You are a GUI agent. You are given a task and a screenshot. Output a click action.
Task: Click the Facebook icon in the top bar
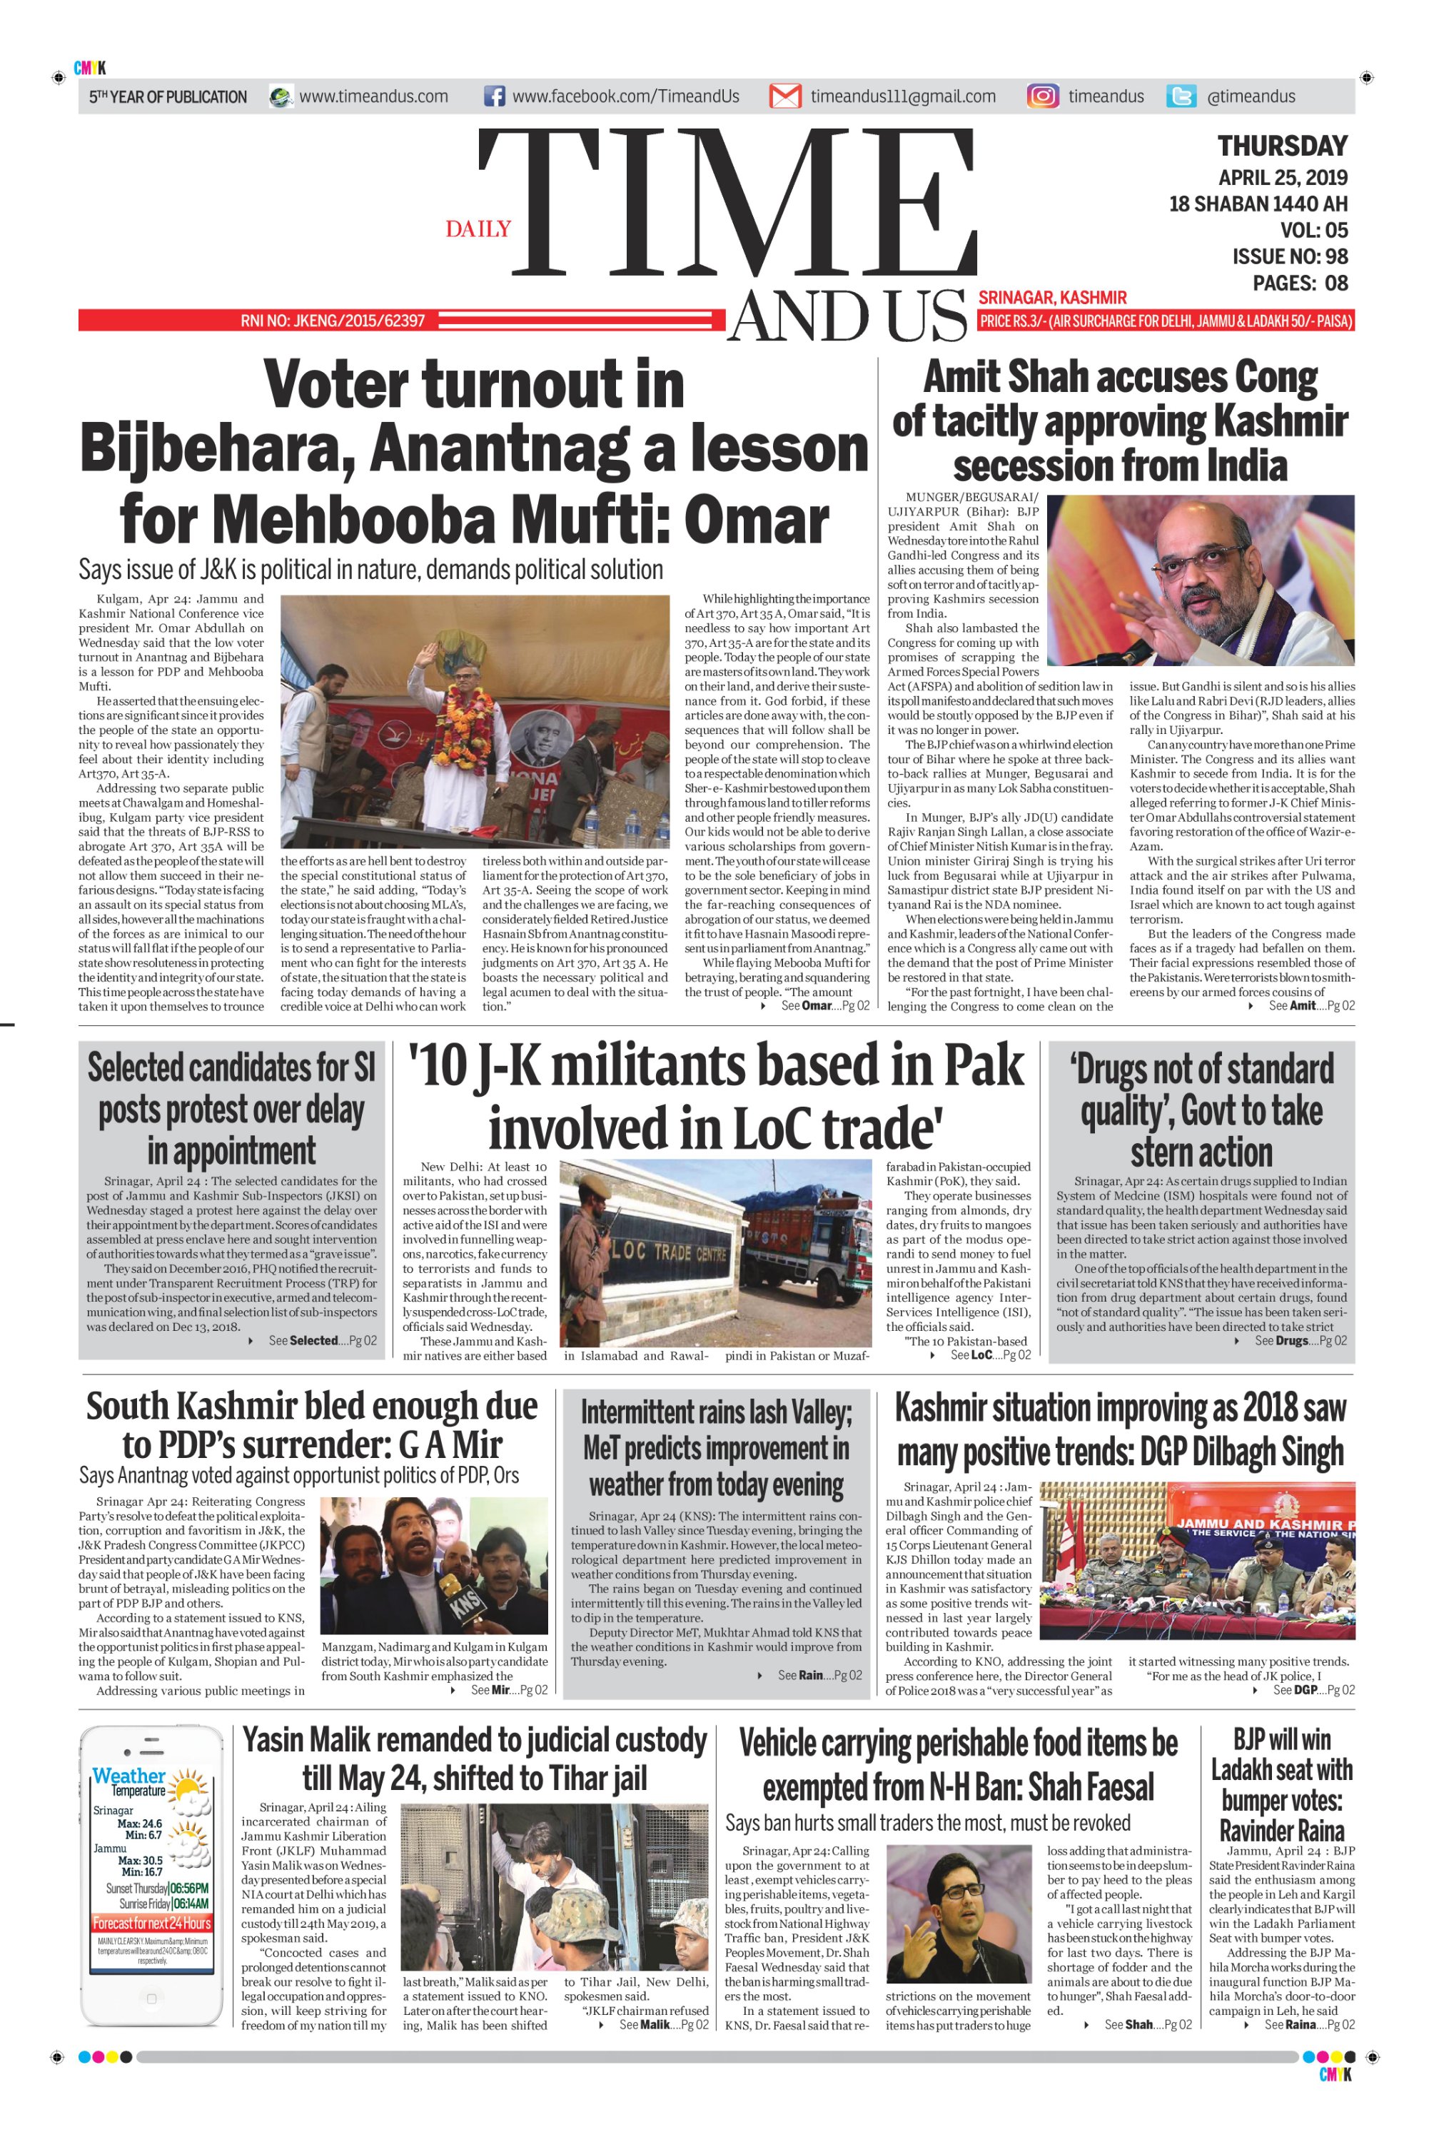coord(494,96)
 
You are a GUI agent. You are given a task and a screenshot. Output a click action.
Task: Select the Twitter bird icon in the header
coord(1181,96)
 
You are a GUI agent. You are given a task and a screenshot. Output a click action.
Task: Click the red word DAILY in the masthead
coord(478,228)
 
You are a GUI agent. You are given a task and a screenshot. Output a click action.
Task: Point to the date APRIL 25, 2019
coord(1282,178)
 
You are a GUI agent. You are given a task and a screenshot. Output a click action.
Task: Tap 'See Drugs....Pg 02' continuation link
coord(1300,1341)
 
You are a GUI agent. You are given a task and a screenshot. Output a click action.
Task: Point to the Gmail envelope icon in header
coord(784,96)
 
